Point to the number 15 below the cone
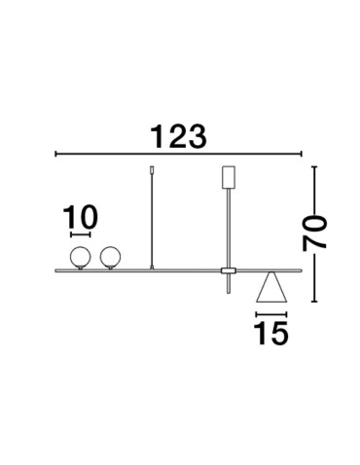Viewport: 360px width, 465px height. click(271, 334)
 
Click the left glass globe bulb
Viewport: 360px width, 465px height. click(79, 257)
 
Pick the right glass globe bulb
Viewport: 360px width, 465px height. click(109, 257)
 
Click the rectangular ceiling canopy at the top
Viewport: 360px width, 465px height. click(230, 178)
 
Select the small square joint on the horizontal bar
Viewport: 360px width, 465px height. click(229, 269)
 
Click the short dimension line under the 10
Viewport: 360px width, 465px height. click(79, 234)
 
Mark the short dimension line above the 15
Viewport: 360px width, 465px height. click(271, 314)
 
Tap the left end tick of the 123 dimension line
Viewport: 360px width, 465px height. click(55, 154)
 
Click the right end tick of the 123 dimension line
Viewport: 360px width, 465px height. click(302, 154)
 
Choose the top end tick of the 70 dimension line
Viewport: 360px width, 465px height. click(315, 167)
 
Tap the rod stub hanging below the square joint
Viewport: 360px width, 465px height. click(229, 284)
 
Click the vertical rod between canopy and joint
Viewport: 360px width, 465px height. click(230, 228)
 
